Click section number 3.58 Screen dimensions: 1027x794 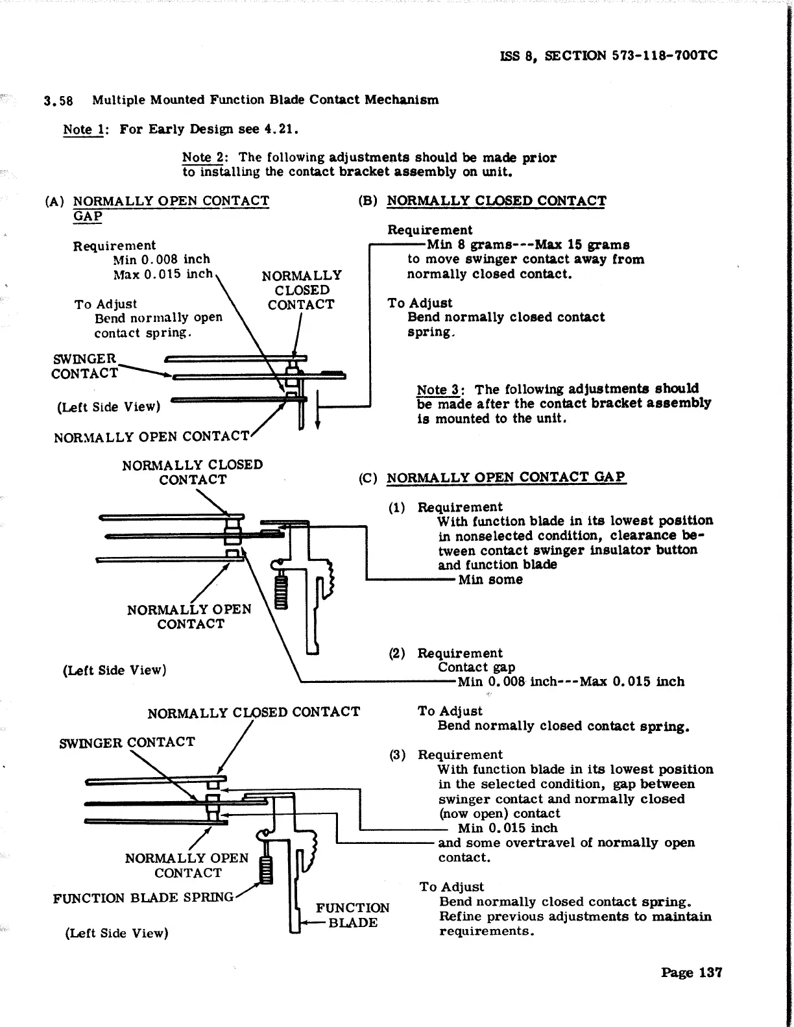click(58, 101)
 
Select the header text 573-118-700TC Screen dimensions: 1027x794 click(664, 56)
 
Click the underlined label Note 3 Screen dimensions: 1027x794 click(439, 390)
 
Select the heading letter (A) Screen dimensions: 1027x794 click(54, 201)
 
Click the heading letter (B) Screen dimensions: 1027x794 click(368, 201)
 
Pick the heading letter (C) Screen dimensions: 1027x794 click(368, 478)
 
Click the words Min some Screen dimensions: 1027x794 click(490, 580)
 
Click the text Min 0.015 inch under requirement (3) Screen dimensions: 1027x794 click(507, 828)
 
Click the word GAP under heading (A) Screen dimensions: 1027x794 click(88, 216)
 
